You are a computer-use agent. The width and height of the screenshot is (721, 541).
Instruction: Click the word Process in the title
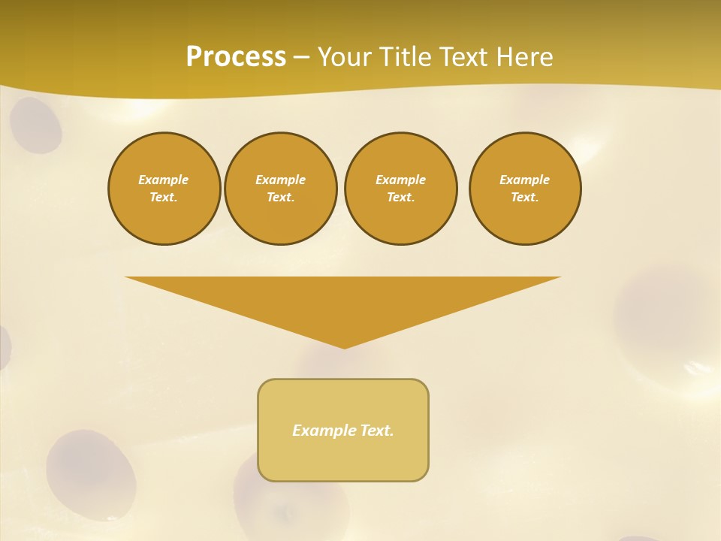236,56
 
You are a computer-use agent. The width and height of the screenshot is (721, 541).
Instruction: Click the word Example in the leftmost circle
164,180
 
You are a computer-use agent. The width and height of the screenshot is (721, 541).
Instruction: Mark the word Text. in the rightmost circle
525,197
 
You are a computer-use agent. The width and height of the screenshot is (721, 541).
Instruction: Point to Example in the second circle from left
280,180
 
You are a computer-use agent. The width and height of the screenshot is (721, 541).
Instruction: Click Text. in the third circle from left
401,197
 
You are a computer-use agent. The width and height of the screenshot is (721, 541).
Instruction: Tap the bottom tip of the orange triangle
344,347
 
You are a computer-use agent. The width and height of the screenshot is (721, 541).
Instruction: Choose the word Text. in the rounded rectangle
377,431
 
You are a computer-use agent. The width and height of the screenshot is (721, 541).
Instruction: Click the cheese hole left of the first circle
35,125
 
